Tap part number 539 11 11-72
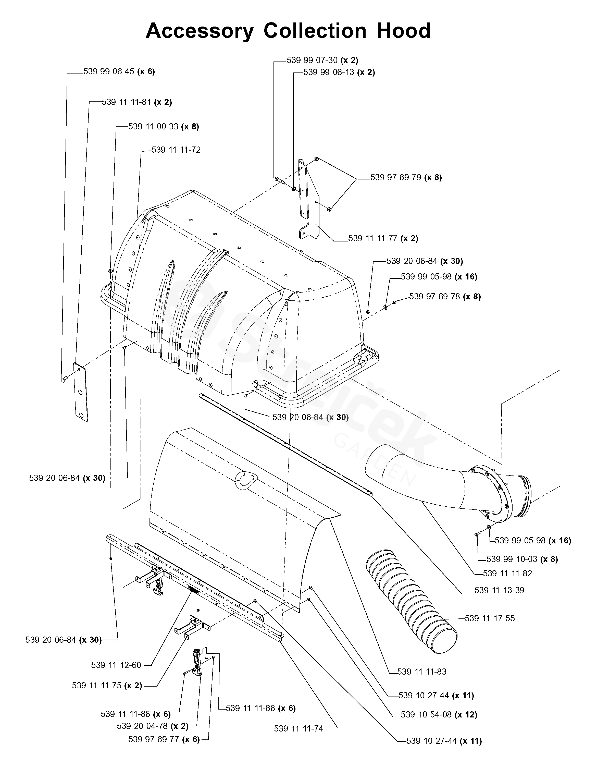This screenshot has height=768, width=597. click(x=176, y=150)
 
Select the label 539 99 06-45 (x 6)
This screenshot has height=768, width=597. click(x=119, y=71)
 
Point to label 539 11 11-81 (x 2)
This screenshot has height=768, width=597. click(x=137, y=102)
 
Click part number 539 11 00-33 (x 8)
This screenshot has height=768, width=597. click(x=164, y=127)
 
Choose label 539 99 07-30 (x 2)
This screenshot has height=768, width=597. click(x=322, y=60)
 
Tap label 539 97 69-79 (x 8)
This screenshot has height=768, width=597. click(x=406, y=177)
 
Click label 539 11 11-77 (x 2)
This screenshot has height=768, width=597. click(x=383, y=238)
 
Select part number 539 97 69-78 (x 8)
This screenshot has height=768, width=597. click(x=445, y=296)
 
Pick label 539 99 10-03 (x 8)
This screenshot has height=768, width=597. click(x=522, y=559)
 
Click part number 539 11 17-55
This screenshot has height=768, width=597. click(x=490, y=618)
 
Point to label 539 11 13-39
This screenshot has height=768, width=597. click(x=499, y=590)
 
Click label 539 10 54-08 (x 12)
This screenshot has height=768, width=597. click(x=439, y=715)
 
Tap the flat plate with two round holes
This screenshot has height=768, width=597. click(x=81, y=392)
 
